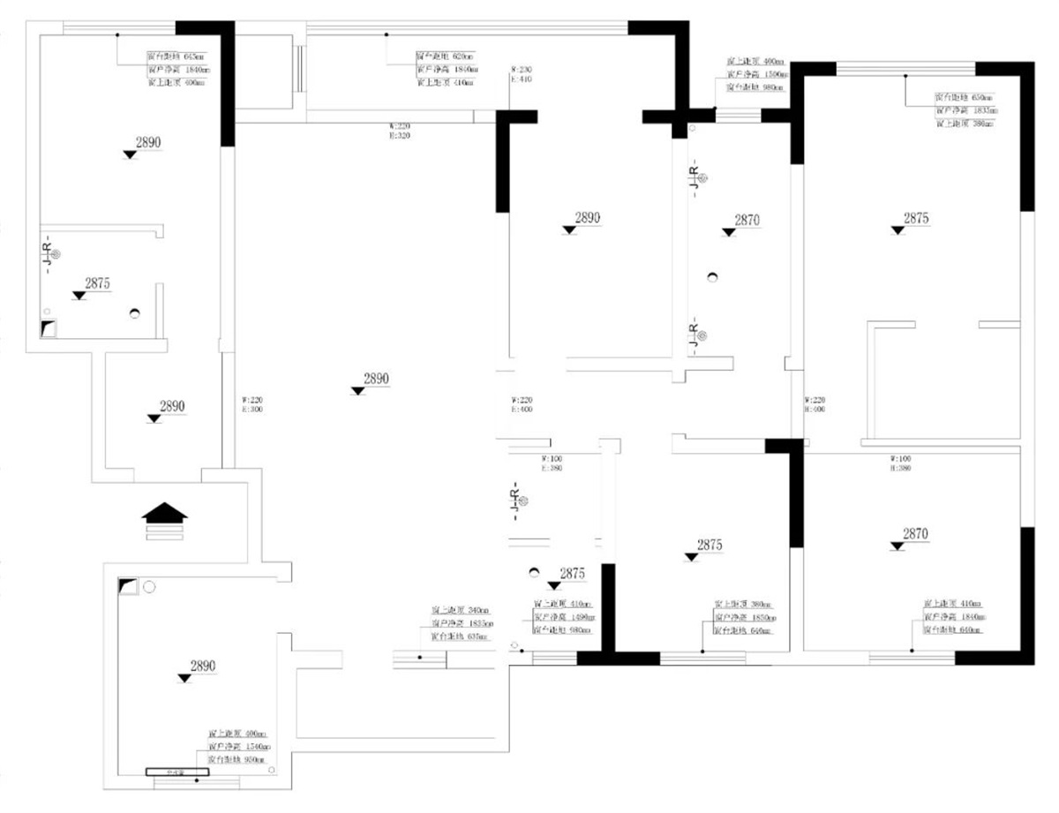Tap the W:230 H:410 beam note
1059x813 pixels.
[522, 74]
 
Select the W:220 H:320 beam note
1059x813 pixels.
[399, 132]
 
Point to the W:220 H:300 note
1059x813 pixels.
[252, 404]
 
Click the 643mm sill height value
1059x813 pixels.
[193, 56]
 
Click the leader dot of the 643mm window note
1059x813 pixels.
[118, 35]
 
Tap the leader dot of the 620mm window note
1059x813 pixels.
[387, 35]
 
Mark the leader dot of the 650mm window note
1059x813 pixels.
[905, 77]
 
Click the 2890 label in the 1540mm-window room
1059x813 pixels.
[203, 666]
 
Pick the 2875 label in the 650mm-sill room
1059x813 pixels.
[916, 218]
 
